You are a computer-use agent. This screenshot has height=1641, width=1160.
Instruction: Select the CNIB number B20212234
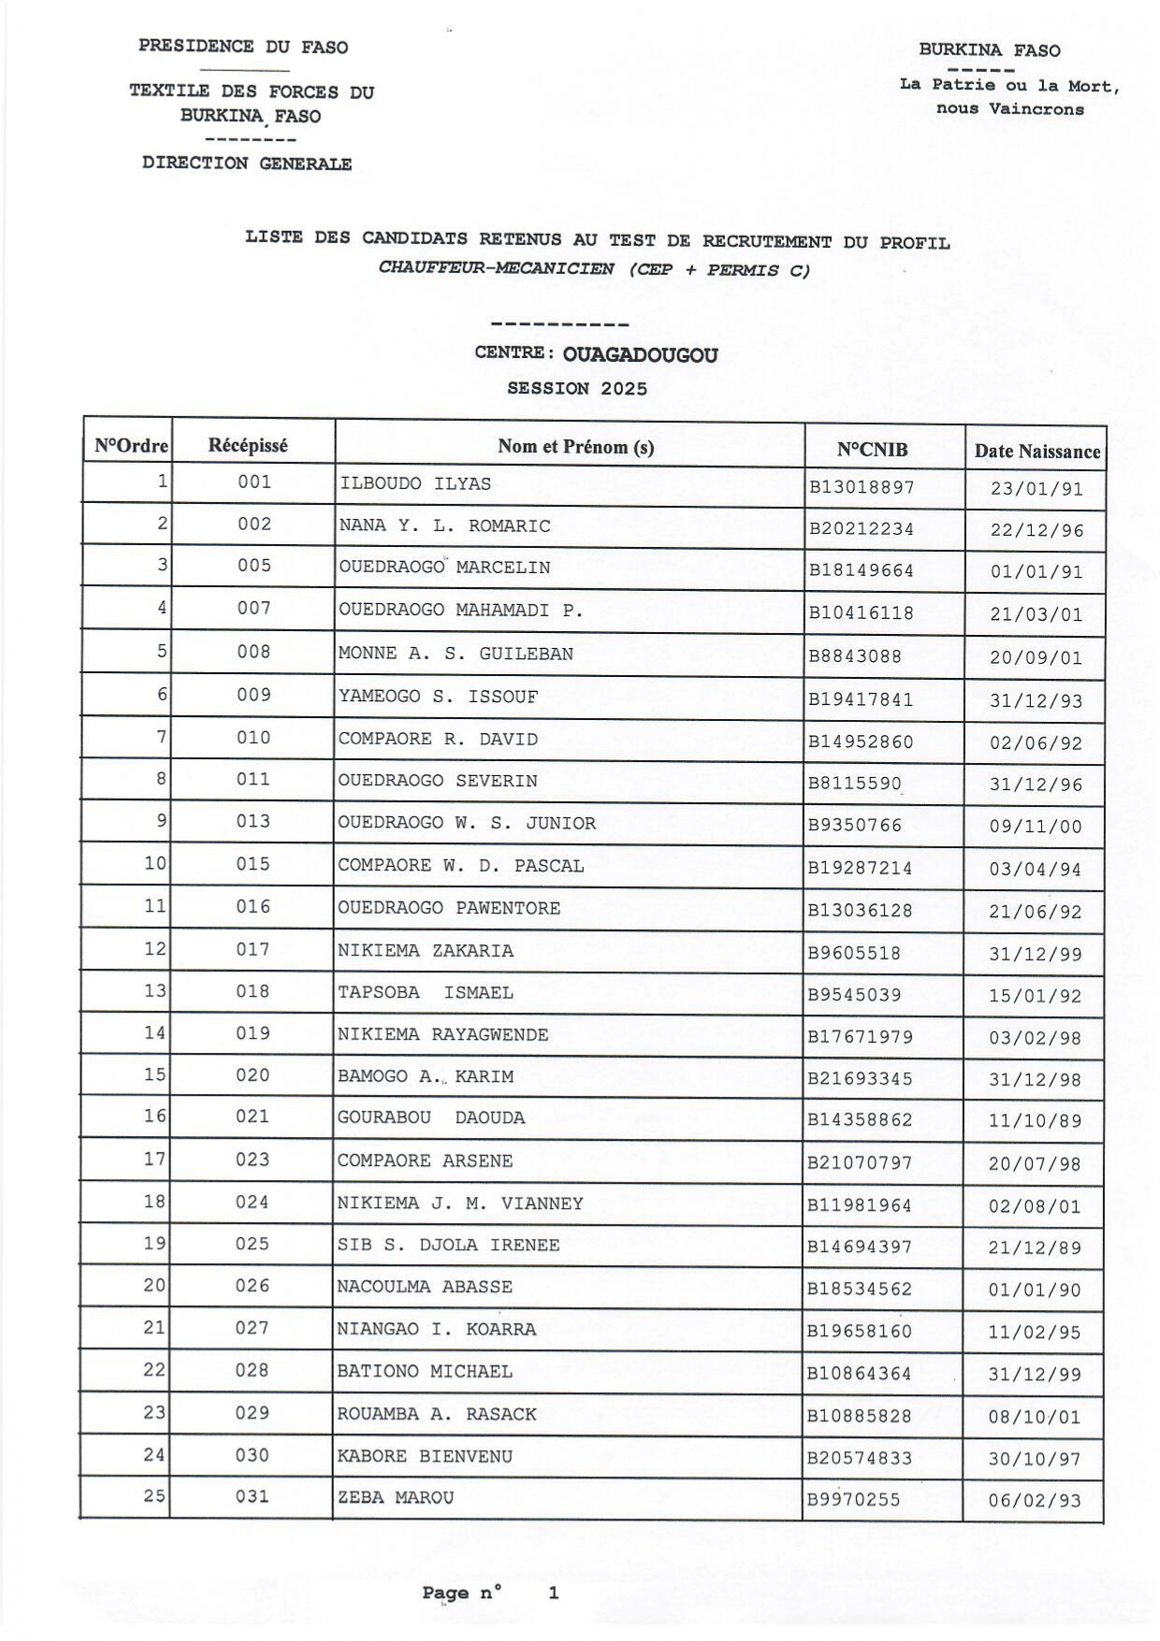(x=861, y=529)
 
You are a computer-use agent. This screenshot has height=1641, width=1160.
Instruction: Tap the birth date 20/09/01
(x=1036, y=658)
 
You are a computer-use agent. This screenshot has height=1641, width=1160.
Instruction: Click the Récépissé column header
(x=248, y=446)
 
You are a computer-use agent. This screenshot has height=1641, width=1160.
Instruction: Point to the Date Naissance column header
(x=1037, y=452)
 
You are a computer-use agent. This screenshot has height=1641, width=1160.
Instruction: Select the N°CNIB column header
(x=872, y=450)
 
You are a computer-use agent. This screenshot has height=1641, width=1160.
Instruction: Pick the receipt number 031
(x=252, y=1497)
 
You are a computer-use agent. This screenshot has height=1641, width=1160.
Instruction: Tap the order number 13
(x=155, y=991)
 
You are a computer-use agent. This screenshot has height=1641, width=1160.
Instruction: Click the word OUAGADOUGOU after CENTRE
(x=641, y=355)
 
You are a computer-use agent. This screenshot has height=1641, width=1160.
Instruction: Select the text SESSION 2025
(x=577, y=389)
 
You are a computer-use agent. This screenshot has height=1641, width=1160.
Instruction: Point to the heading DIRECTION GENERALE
(x=247, y=164)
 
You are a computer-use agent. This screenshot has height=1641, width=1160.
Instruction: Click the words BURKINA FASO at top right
(x=989, y=50)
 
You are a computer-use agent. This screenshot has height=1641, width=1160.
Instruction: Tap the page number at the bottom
(x=554, y=1592)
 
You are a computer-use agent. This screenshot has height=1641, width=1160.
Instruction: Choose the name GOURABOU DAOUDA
(x=430, y=1118)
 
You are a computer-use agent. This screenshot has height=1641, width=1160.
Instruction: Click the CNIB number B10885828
(x=859, y=1417)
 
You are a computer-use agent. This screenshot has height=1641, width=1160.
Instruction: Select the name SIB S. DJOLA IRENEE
(x=448, y=1245)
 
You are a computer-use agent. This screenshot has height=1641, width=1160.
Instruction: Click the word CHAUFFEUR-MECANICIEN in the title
(x=496, y=269)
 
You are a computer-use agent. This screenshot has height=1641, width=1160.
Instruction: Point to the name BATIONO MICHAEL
(x=425, y=1372)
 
